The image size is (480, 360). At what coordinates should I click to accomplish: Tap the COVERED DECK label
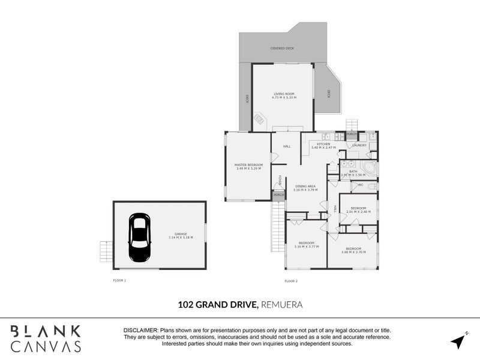(282, 48)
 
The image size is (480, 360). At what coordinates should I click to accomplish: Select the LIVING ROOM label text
(284, 94)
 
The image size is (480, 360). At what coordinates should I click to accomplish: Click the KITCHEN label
(324, 145)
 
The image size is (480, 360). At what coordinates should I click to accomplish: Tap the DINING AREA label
(305, 187)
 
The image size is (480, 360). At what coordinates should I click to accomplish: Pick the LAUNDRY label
(359, 145)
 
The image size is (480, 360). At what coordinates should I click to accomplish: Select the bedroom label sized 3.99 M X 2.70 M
(353, 249)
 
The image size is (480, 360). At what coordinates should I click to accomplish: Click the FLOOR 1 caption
(119, 281)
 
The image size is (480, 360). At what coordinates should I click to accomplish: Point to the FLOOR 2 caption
(291, 281)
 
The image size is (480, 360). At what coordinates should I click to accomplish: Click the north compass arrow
(459, 340)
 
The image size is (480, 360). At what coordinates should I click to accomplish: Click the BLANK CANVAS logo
(46, 338)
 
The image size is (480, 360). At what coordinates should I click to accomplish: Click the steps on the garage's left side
(106, 251)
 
